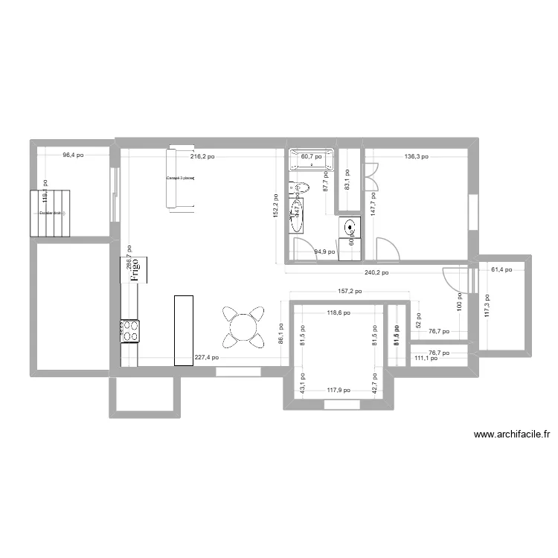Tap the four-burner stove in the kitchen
coord(129,331)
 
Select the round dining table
coord(243,326)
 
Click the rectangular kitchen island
coord(184,330)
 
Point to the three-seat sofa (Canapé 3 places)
coord(181,179)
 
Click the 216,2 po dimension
coord(202,157)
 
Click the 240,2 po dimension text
coord(376,273)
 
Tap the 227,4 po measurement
coord(206,357)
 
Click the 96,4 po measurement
coord(73,155)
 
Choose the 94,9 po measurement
coord(325,252)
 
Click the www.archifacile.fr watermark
coord(511,436)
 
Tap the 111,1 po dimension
coord(426,358)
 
